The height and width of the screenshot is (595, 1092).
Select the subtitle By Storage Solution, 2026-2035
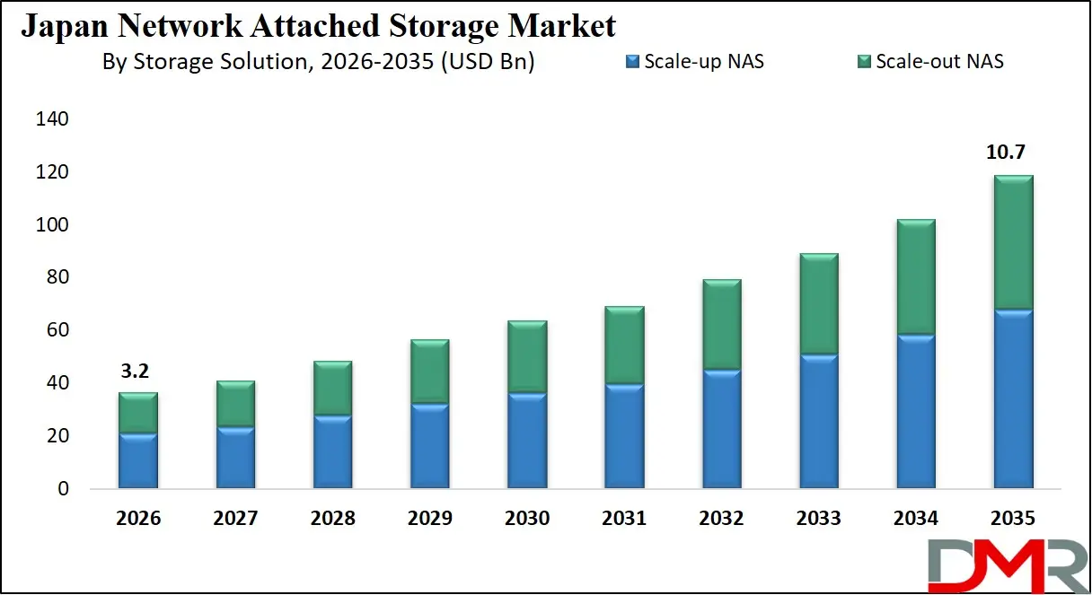[x=319, y=62]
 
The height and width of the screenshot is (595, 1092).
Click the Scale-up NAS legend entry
[x=696, y=62]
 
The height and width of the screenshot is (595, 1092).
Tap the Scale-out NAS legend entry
[x=929, y=62]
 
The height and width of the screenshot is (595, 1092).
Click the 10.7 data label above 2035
[x=1007, y=153]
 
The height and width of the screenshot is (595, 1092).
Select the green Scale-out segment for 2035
[x=1007, y=242]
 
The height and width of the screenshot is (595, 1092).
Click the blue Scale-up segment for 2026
[x=138, y=460]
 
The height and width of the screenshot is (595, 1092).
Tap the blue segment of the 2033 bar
[x=819, y=421]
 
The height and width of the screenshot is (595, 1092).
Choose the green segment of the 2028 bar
[x=332, y=388]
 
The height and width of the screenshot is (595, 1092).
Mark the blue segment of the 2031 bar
[x=624, y=436]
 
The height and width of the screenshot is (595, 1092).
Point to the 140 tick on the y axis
[x=50, y=119]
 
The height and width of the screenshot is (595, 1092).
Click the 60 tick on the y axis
[x=55, y=330]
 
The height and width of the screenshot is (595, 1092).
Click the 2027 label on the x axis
[x=235, y=518]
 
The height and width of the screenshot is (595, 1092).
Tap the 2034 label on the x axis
[x=916, y=518]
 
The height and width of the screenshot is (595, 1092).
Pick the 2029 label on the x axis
[x=429, y=518]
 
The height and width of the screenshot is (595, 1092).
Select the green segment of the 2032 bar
[x=722, y=324]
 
